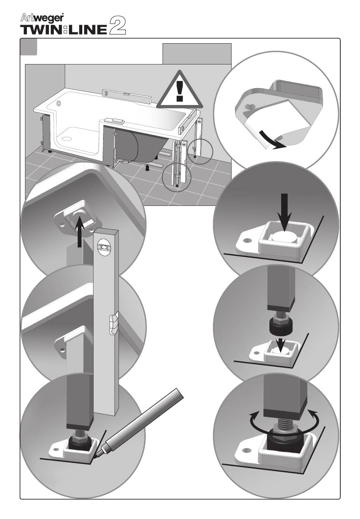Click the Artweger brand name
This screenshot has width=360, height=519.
pyautogui.click(x=41, y=18)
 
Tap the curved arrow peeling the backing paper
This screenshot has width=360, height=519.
pyautogui.click(x=271, y=140)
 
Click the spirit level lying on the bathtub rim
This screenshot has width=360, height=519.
pyautogui.click(x=127, y=95)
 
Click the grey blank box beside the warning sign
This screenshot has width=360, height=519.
pyautogui.click(x=197, y=54)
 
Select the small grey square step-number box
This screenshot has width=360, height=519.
pyautogui.click(x=29, y=47)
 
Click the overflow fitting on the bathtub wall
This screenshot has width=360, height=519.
pyautogui.click(x=58, y=103)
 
